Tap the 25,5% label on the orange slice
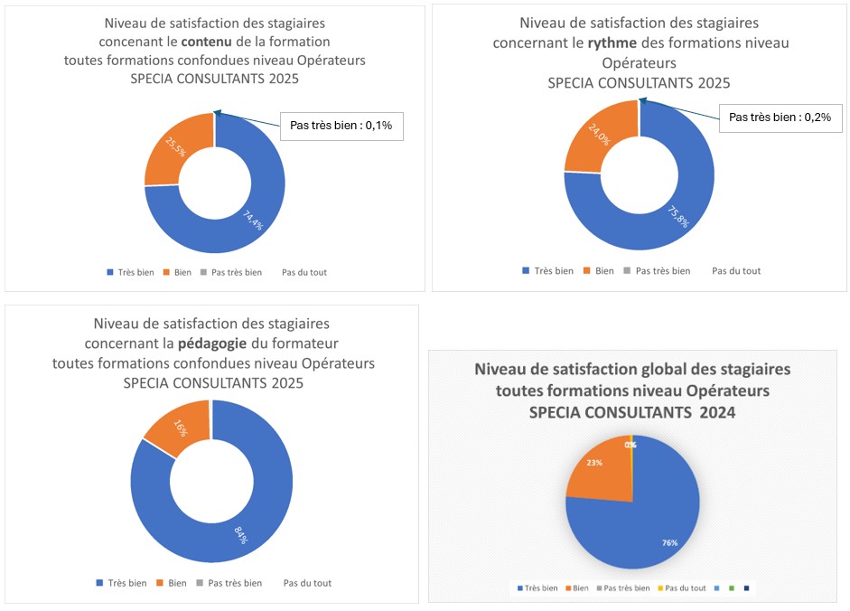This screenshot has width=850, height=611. click(176, 146)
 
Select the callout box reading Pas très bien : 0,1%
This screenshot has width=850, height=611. click(341, 126)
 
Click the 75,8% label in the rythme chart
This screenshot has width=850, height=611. click(677, 217)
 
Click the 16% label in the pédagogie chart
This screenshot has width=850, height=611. click(179, 428)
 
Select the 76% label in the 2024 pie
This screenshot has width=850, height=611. click(669, 541)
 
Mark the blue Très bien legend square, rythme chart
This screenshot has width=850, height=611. click(527, 270)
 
